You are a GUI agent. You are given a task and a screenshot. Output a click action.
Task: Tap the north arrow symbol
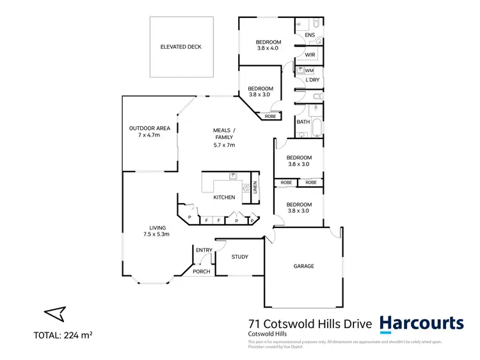point(55,313)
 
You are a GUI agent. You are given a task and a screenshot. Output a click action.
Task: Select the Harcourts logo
point(421,323)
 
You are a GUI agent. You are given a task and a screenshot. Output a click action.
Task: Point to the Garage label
point(303,266)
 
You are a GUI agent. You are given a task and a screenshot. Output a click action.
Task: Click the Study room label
point(240,257)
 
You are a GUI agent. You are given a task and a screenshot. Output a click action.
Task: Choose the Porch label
point(202,272)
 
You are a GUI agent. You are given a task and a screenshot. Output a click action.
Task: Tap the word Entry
point(204,250)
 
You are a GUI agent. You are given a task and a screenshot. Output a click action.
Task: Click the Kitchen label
point(224,197)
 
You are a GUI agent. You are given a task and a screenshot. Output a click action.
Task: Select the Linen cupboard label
point(255,187)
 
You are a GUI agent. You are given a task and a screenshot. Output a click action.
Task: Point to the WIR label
point(310,55)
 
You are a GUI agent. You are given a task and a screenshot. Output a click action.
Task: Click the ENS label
point(310,35)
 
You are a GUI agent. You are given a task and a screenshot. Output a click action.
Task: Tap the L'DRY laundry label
point(312,80)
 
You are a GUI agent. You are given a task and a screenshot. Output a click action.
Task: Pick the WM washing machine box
point(309,70)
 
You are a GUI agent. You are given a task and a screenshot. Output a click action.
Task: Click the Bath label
point(303,122)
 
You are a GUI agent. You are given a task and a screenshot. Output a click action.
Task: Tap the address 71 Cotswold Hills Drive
point(309,324)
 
